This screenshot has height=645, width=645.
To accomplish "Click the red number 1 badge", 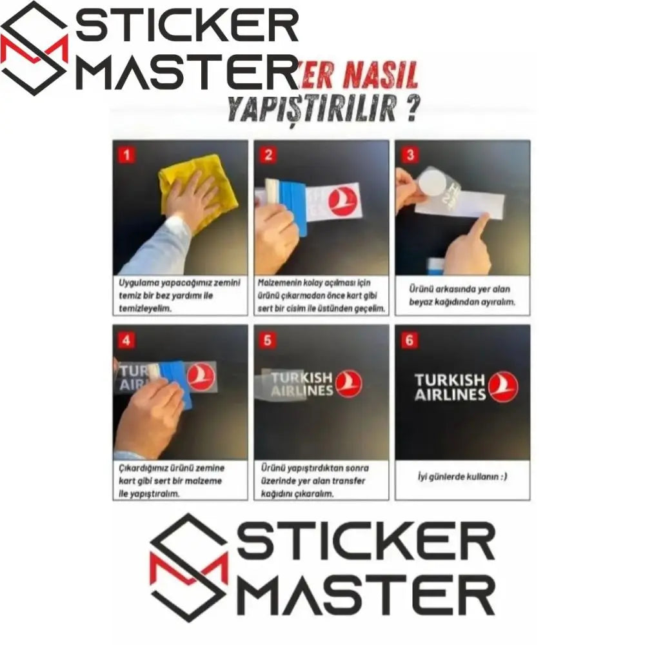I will (x=126, y=155).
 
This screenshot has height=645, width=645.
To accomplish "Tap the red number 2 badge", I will (x=268, y=155).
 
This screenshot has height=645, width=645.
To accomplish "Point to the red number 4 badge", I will (x=126, y=340).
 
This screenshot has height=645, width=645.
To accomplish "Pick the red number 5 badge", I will (x=268, y=340).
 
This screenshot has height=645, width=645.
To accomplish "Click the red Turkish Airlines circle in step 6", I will (x=502, y=388).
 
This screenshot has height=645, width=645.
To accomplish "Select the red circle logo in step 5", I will (x=348, y=383).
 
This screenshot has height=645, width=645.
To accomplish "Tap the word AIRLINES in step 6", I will (x=450, y=395).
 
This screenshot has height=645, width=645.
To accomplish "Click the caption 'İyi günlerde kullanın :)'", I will (x=462, y=477).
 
